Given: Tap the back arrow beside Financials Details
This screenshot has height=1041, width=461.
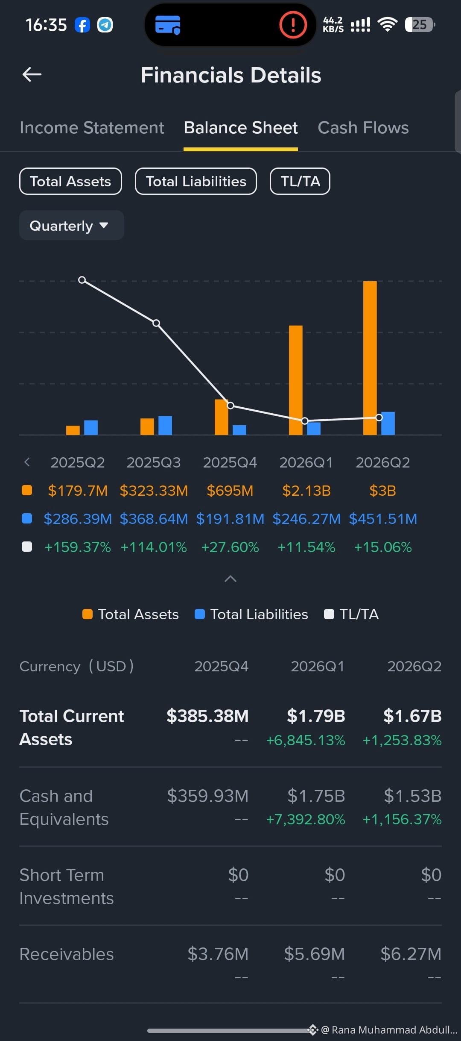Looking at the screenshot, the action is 32,74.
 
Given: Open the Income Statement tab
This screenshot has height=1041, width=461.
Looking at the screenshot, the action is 92,128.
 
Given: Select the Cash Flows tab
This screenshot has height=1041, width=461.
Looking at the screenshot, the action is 363,128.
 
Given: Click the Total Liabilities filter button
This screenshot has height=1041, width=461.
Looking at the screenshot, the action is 196,181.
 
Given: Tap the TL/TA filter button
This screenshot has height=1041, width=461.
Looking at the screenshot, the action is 300,181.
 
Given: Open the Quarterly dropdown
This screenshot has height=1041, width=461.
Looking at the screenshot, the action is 72,225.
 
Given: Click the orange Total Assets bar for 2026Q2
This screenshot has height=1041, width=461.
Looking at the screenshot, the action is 370,358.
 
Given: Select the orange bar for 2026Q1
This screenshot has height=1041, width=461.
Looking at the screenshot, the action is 296,380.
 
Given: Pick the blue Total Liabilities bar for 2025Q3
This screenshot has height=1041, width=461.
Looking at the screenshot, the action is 165,426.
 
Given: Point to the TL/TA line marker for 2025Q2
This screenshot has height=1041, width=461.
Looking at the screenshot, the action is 82,280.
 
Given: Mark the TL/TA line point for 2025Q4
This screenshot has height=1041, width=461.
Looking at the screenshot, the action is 230,405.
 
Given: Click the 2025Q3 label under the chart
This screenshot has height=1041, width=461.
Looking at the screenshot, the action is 154,462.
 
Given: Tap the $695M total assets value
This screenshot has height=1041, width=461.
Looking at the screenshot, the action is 230,491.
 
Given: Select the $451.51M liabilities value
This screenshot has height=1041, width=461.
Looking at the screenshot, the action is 383,519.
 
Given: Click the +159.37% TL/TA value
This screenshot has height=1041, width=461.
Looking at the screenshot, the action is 78,547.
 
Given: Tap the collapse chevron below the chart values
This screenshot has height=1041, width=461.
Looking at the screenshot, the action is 230,579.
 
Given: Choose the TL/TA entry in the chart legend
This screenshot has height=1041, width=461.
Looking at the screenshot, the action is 351,614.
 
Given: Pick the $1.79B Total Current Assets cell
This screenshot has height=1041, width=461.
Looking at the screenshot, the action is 316,716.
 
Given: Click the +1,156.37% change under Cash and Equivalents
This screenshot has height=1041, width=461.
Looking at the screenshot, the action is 402,819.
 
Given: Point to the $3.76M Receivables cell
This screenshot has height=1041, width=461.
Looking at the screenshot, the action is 218,954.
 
